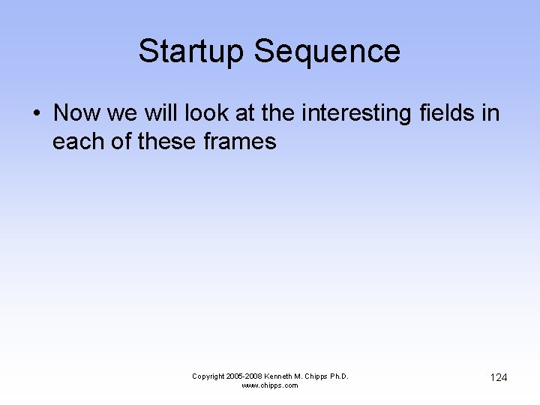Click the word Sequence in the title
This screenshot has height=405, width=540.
(x=327, y=52)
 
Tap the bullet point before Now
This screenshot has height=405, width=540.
(x=36, y=114)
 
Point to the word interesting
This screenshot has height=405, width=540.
(x=356, y=113)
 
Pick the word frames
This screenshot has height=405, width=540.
(x=240, y=141)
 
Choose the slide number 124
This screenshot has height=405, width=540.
(x=499, y=377)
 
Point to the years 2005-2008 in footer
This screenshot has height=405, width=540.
(x=247, y=376)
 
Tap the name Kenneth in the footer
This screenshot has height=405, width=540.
(x=284, y=376)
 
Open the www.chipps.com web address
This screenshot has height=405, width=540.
(x=270, y=385)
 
